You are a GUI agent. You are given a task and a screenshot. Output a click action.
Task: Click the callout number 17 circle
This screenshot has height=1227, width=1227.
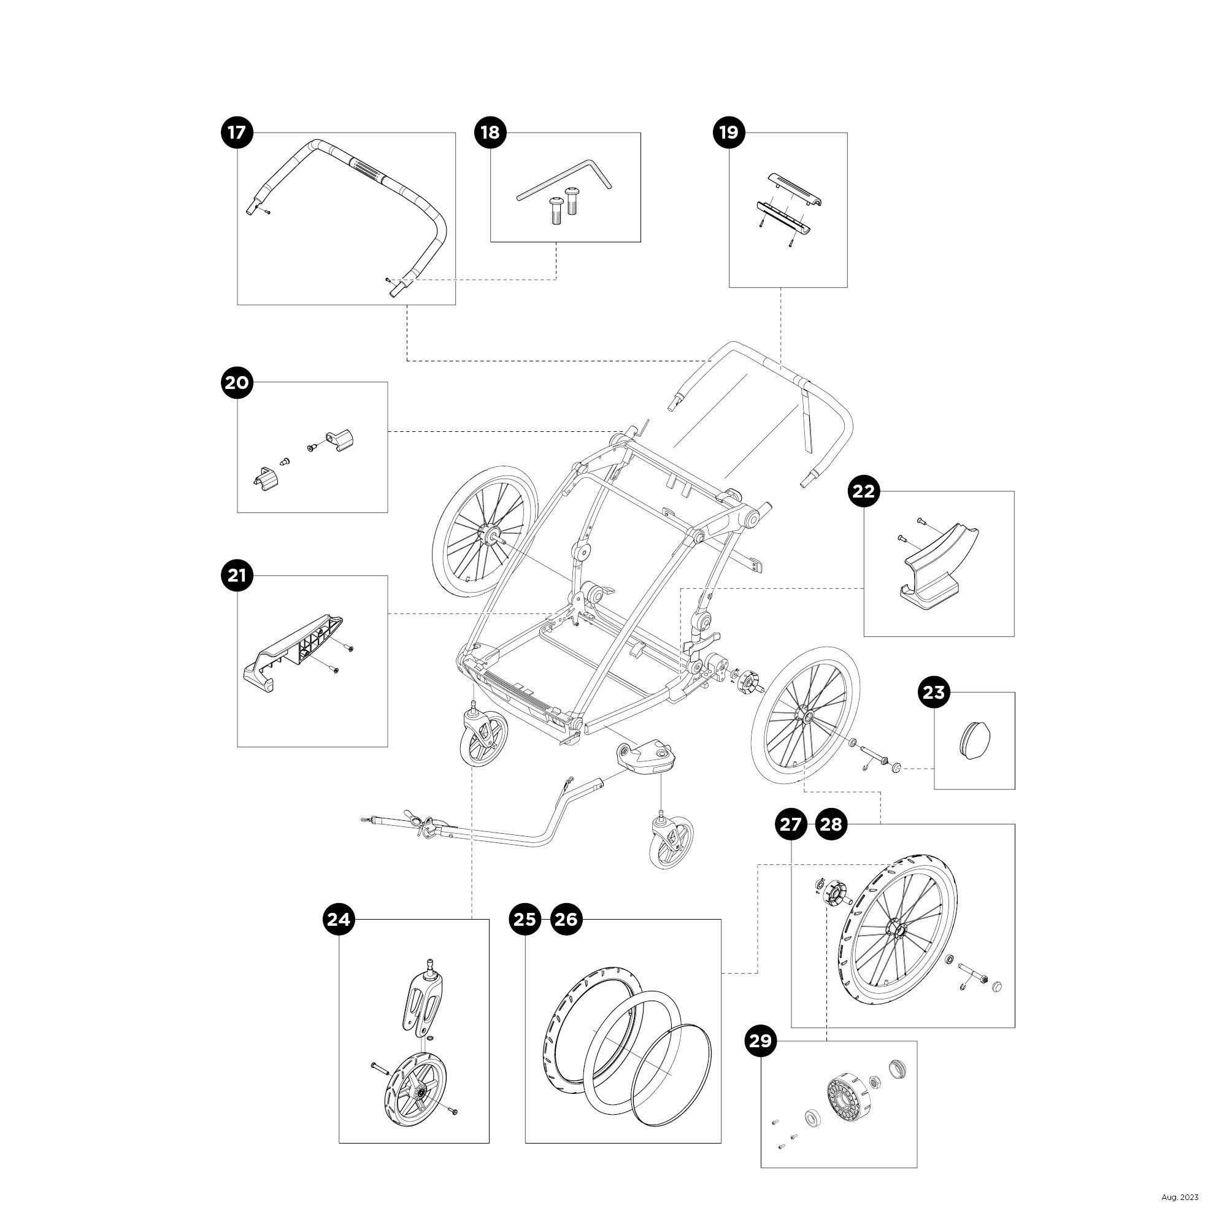pos(237,133)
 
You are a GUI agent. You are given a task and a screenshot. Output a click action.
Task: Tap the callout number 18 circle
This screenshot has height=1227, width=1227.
pos(490,133)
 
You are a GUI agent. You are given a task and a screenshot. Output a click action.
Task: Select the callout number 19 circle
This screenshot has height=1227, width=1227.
pos(728,133)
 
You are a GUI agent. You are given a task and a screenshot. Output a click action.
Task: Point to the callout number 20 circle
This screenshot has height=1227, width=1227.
pos(237,383)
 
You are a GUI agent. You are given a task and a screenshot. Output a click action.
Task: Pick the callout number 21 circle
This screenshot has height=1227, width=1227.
pos(237,576)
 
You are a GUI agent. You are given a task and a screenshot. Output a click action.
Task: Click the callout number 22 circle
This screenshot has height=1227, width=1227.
pos(864,491)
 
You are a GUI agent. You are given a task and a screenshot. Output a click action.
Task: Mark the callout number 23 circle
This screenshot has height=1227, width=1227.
pos(934,692)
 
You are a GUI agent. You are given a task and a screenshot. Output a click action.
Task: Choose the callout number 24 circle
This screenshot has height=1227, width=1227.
pos(339,919)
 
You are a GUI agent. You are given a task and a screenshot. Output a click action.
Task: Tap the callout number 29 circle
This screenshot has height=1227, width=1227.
pos(760,1041)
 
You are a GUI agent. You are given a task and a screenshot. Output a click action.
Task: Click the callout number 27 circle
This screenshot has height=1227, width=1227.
pos(791,825)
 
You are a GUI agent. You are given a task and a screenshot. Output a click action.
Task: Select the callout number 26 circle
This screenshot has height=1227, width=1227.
pos(566,919)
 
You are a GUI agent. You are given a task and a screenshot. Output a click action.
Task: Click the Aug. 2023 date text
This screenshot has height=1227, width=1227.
pos(1180,1197)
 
